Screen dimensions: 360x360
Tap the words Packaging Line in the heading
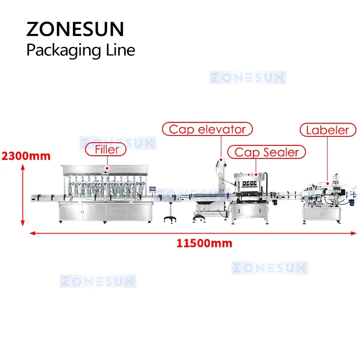(81, 49)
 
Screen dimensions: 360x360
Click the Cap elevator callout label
(207, 130)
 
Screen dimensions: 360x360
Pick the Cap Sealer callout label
(266, 152)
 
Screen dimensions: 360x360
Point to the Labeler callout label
(327, 130)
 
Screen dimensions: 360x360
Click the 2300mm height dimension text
(26, 156)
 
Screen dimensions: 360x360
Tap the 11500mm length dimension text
(204, 243)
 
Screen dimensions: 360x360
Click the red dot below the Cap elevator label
(220, 159)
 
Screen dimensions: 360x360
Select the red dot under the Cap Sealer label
(256, 173)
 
